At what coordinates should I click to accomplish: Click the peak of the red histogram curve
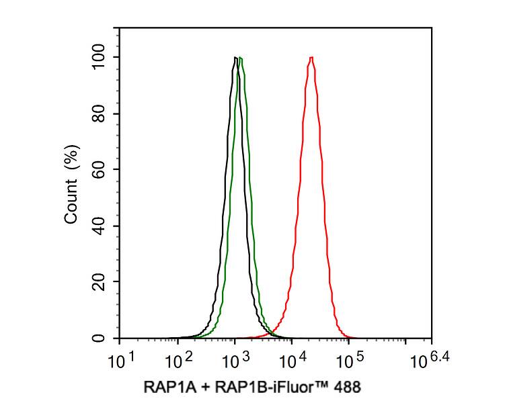click(311, 58)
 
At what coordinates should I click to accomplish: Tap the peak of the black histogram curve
click(235, 58)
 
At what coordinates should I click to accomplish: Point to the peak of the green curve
click(240, 58)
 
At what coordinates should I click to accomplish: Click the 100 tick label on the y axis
click(100, 58)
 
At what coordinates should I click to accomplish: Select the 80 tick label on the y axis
click(100, 114)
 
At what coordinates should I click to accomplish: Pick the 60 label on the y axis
click(100, 170)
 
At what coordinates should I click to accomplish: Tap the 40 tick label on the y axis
click(100, 226)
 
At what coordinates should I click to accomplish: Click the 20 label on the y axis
click(100, 282)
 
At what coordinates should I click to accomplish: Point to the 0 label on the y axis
click(100, 338)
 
